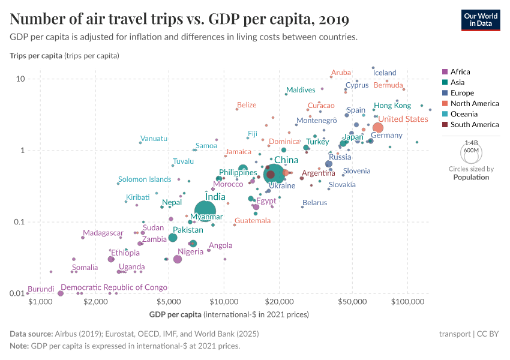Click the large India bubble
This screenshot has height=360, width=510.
(206, 211)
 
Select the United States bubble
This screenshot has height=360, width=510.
(378, 127)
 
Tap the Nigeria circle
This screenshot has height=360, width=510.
(178, 259)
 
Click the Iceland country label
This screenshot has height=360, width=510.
(385, 73)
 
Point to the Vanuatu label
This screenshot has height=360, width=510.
(154, 139)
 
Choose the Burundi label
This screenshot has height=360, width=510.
(41, 289)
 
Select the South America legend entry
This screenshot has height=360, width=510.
(474, 125)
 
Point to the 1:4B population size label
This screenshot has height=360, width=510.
(471, 143)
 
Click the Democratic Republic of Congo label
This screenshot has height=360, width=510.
(114, 287)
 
